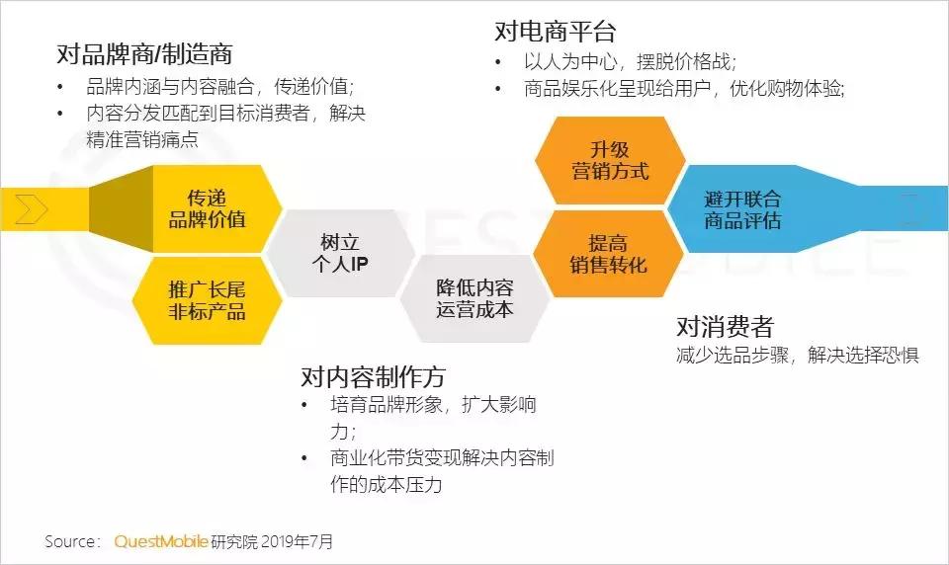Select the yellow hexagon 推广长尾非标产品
click(x=207, y=300)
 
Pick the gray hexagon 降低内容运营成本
click(x=474, y=297)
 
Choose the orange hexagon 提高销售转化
click(x=608, y=253)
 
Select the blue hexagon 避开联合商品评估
click(x=742, y=208)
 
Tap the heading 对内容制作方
click(x=374, y=376)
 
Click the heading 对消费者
click(x=725, y=326)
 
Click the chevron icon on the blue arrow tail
click(x=912, y=208)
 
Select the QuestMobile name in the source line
click(x=161, y=541)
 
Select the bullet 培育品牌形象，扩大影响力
click(x=433, y=406)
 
